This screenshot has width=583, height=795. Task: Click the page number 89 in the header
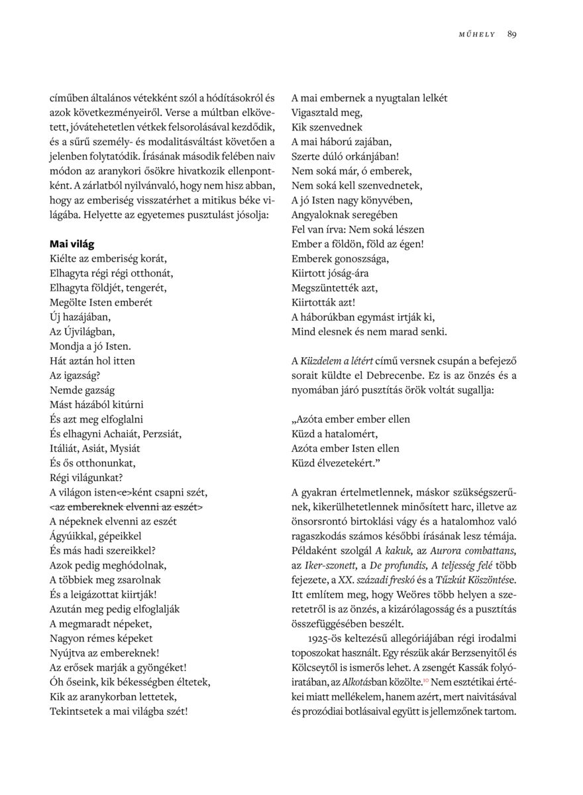[511, 34]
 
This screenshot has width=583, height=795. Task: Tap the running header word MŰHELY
[477, 35]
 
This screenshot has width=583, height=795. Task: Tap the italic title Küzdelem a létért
[337, 360]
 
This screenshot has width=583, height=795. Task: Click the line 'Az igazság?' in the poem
[75, 375]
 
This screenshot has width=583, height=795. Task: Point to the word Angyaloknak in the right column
[319, 215]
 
